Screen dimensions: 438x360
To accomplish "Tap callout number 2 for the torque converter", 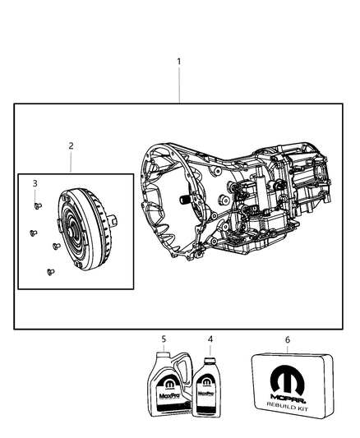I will pos(71,145).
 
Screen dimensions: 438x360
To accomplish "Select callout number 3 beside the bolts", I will pos(35,183).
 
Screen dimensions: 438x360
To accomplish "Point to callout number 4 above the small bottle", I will pos(210,339).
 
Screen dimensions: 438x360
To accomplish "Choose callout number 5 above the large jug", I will pos(164,339).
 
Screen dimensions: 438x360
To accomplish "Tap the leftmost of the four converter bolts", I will pos(30,233).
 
